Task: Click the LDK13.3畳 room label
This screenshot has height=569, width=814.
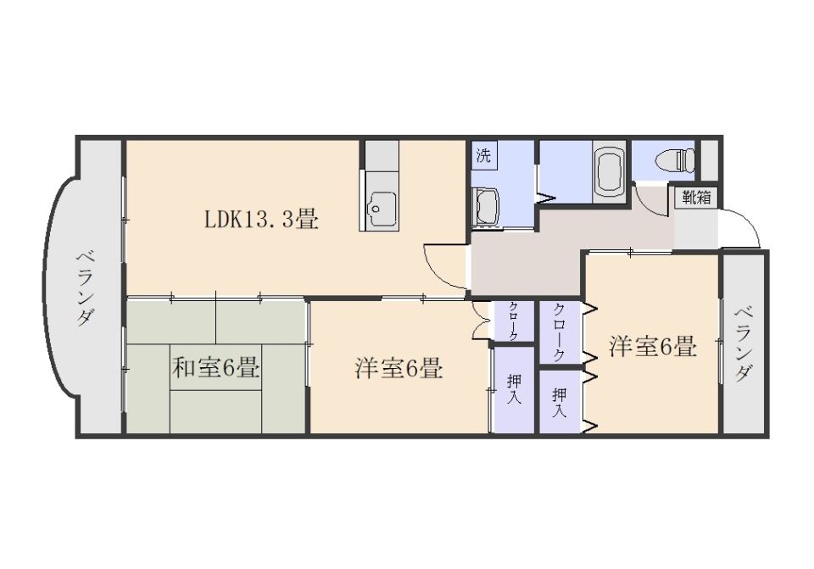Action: click(x=261, y=220)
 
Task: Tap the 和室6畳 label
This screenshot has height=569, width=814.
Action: click(x=215, y=369)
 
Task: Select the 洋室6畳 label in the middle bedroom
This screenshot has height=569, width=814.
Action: click(x=399, y=369)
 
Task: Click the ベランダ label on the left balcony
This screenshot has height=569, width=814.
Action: click(x=85, y=287)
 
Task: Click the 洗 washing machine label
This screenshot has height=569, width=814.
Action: click(x=484, y=155)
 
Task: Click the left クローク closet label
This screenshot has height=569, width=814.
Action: click(x=514, y=322)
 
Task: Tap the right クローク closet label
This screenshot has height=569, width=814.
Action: click(x=560, y=332)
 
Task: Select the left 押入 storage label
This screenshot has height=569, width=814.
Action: click(x=514, y=390)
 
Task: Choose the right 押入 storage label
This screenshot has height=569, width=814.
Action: click(x=560, y=403)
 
